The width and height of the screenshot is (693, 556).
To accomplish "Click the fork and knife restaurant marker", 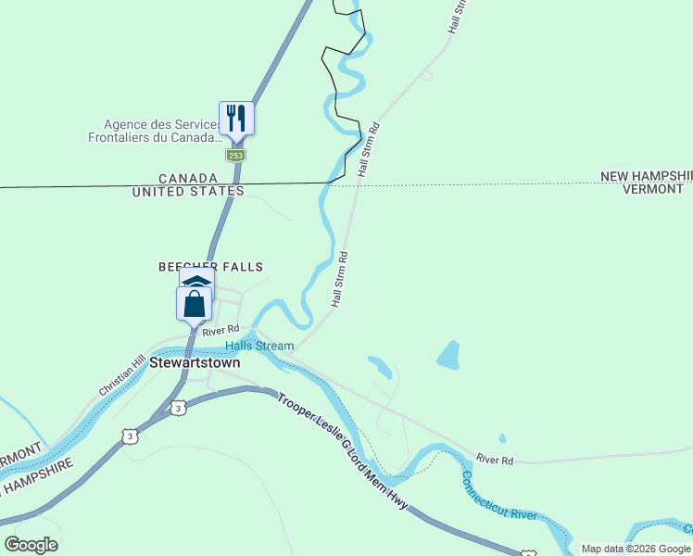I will point(236,119).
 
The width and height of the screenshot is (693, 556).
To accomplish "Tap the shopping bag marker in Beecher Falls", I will point(195,304).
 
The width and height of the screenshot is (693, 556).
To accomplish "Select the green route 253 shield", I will point(236,156).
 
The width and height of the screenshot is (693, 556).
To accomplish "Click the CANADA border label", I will point(188,178).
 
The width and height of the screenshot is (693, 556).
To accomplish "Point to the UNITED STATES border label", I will point(188,191).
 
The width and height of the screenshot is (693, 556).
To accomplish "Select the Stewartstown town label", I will point(195,362).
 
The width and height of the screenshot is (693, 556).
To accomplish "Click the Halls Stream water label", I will point(259,346).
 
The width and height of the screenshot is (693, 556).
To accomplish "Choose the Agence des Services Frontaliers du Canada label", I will point(162,131).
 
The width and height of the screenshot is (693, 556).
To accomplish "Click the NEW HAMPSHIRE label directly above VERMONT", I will point(647,176).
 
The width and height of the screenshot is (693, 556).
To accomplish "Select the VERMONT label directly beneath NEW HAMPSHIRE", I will point(653,189).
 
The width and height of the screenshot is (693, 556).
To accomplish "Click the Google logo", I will point(31,545).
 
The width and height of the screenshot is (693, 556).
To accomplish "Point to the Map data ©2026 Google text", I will point(636,549).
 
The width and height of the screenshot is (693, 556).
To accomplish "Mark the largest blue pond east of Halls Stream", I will point(448,355).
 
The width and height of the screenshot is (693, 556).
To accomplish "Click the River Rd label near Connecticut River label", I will point(495,459).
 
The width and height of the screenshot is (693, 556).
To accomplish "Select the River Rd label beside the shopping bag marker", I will point(221,330).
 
